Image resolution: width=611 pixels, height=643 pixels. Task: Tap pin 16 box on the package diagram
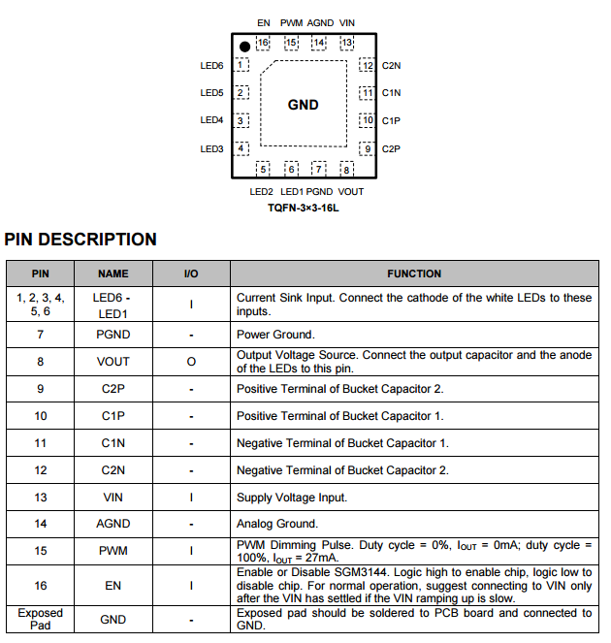coord(262,43)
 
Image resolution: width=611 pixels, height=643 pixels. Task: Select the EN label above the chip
coord(264,22)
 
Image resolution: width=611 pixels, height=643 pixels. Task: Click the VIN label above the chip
coord(347,22)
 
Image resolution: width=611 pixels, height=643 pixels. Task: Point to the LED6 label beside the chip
coord(212,66)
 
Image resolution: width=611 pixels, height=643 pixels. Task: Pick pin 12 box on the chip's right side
coord(367,66)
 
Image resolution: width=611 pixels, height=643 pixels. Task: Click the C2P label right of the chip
coord(391,148)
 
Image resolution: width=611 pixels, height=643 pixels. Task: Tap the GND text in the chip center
coord(304,105)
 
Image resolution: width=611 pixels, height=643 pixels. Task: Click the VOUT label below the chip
coord(351,192)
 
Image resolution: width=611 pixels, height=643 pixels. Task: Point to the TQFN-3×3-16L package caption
coord(304,208)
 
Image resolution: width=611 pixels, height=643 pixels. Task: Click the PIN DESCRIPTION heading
coord(80,240)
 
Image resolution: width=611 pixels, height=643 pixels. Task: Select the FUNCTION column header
coord(414,273)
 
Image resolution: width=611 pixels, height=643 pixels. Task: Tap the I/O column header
coord(191,273)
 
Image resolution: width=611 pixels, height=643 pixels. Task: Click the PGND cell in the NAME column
coord(113,335)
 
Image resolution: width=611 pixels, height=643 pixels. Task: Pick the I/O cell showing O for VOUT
coord(191,361)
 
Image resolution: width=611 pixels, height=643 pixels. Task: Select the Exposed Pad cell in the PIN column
coord(41,619)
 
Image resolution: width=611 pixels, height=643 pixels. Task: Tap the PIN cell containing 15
coord(41,551)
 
